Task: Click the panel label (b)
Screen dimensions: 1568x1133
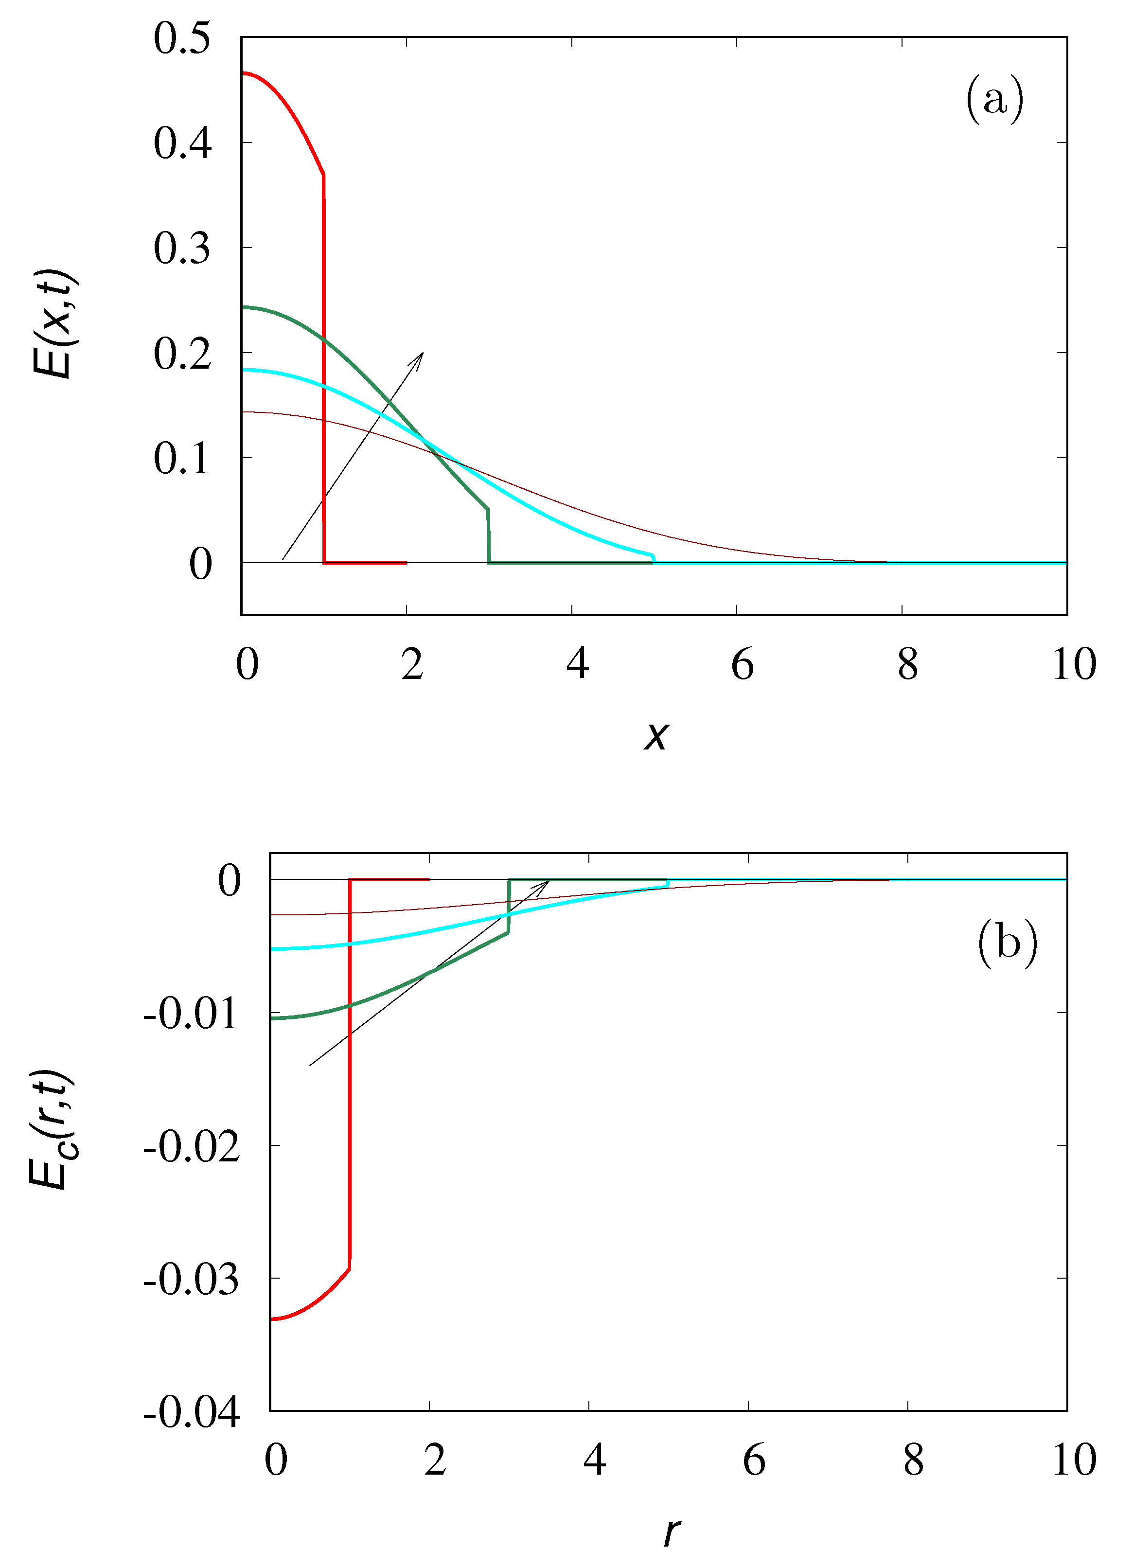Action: click(x=1007, y=943)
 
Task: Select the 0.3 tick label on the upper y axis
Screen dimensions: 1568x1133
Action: click(x=182, y=248)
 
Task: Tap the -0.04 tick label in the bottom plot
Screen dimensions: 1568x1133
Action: click(x=192, y=1412)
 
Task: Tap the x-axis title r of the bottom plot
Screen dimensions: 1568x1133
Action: click(x=671, y=1532)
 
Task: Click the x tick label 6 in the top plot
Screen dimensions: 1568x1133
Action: click(x=743, y=664)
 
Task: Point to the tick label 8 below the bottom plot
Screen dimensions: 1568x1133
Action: click(x=913, y=1460)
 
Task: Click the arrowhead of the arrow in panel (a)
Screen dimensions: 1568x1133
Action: click(x=421, y=355)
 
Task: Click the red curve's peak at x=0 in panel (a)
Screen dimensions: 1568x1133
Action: click(x=243, y=72)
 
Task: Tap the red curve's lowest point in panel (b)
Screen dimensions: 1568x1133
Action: click(x=272, y=1319)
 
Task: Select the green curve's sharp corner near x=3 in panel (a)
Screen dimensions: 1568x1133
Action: click(x=488, y=510)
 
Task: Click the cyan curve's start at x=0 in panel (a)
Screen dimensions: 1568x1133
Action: click(x=243, y=370)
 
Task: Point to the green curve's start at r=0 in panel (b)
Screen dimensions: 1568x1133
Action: click(x=272, y=1018)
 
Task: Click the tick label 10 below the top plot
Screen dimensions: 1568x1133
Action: click(x=1074, y=664)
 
